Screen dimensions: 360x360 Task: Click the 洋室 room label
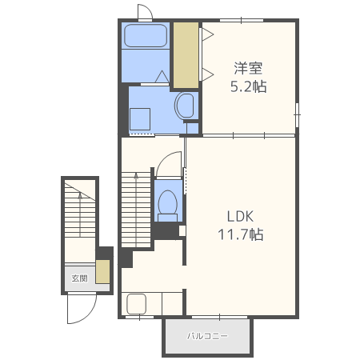pyautogui.click(x=248, y=68)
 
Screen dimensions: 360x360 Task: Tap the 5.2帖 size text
pyautogui.click(x=248, y=86)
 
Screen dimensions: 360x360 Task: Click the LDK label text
pyautogui.click(x=240, y=217)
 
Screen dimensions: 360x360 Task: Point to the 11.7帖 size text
pyautogui.click(x=241, y=234)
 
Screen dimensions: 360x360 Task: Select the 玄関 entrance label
pyautogui.click(x=79, y=278)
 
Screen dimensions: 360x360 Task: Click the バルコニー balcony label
pyautogui.click(x=207, y=336)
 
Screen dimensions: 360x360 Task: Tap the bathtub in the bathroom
pyautogui.click(x=146, y=36)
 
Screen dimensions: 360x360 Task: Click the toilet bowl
pyautogui.click(x=168, y=205)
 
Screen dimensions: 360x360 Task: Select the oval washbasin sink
pyautogui.click(x=184, y=106)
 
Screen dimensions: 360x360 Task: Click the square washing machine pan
pyautogui.click(x=140, y=119)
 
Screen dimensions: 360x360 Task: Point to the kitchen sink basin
pyautogui.click(x=137, y=304)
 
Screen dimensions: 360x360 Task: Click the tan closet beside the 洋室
pyautogui.click(x=186, y=55)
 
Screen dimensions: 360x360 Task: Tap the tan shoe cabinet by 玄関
pyautogui.click(x=102, y=271)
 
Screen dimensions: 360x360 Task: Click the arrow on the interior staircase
pyautogui.click(x=136, y=210)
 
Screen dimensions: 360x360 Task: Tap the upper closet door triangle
pyautogui.click(x=208, y=34)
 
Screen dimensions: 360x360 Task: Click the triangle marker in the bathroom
pyautogui.click(x=162, y=77)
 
